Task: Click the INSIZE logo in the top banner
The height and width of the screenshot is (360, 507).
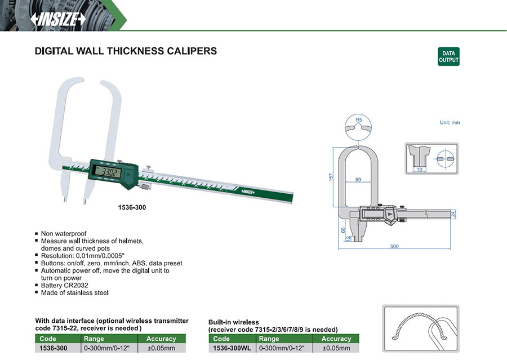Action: pyautogui.click(x=58, y=19)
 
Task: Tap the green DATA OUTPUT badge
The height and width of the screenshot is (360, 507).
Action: pyautogui.click(x=448, y=56)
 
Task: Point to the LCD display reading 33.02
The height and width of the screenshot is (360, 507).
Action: pyautogui.click(x=107, y=171)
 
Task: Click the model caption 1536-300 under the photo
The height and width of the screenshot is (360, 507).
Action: pyautogui.click(x=132, y=207)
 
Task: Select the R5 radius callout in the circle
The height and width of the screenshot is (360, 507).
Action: pyautogui.click(x=359, y=120)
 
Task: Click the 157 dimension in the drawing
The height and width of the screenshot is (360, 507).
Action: pyautogui.click(x=331, y=177)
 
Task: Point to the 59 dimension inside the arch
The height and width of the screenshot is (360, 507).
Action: pyautogui.click(x=358, y=180)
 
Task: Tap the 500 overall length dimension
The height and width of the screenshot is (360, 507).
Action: pyautogui.click(x=394, y=246)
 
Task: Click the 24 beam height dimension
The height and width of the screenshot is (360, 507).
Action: pyautogui.click(x=453, y=214)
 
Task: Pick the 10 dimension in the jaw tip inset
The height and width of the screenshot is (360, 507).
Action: pyautogui.click(x=419, y=170)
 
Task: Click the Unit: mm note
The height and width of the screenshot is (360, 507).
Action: pyautogui.click(x=450, y=123)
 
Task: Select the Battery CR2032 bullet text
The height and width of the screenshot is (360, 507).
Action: pyautogui.click(x=64, y=285)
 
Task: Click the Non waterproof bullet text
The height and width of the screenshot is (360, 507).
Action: pyautogui.click(x=64, y=234)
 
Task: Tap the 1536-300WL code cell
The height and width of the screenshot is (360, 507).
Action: pyautogui.click(x=232, y=348)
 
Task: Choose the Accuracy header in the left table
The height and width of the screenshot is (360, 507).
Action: pyautogui.click(x=161, y=339)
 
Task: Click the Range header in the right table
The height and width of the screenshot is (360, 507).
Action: pyautogui.click(x=269, y=339)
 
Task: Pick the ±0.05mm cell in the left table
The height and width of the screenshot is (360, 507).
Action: pyautogui.click(x=161, y=348)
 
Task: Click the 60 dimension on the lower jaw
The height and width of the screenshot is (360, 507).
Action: pyautogui.click(x=343, y=230)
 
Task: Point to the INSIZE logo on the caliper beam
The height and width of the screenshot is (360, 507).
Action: pyautogui.click(x=248, y=192)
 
